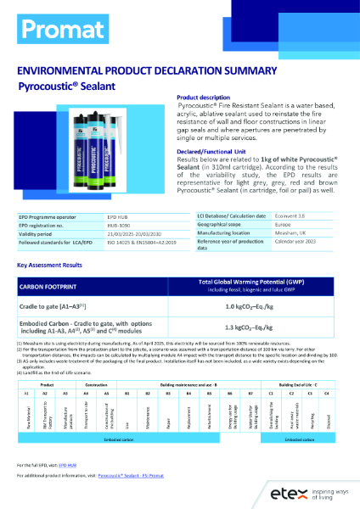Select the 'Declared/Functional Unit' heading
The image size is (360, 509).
tap(205, 149)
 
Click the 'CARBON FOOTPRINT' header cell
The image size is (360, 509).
tap(54, 284)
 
